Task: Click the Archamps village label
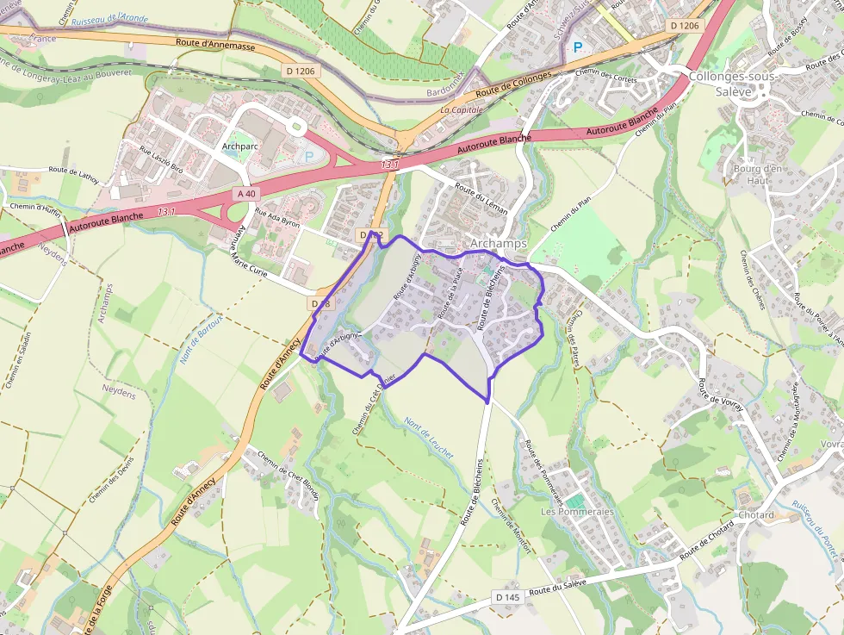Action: coord(499,244)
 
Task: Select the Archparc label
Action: coord(240,146)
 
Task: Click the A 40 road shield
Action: coord(246,195)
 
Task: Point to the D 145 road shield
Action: coord(508,597)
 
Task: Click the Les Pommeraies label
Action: coord(577,512)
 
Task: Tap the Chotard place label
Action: coord(756,515)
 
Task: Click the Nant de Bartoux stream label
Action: coord(197,337)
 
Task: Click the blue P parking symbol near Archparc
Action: coord(309,157)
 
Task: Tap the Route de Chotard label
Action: coord(706,540)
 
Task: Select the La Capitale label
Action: coord(462,110)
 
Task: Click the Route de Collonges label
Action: coord(513,84)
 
